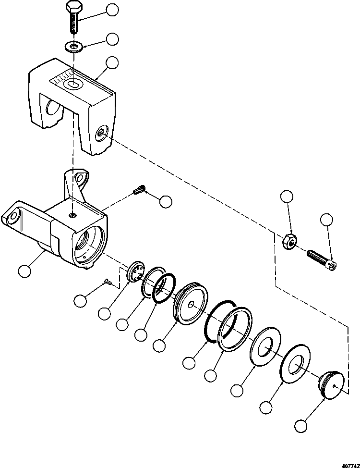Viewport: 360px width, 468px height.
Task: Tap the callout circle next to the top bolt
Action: (112, 10)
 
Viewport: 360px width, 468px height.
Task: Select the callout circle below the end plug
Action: (301, 425)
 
